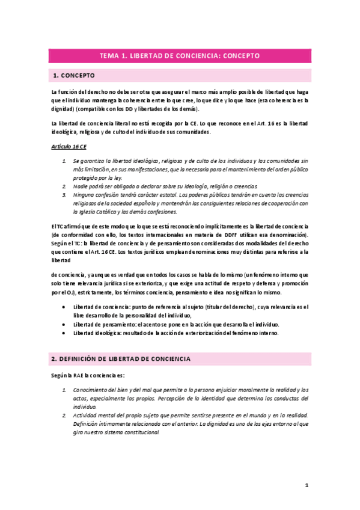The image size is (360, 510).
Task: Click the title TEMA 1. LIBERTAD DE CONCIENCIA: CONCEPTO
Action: coord(179,55)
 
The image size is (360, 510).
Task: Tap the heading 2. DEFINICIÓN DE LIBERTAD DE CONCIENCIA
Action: coord(121,358)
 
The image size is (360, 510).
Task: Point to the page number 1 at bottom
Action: coord(306,484)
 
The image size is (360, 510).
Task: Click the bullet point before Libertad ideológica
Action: coord(64,333)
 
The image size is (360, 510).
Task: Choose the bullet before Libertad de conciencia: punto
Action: coord(64,307)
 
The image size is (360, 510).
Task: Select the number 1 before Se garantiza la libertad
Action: coord(64,161)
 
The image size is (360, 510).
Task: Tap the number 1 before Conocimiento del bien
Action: coord(64,390)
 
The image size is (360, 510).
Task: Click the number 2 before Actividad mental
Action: coord(64,415)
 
